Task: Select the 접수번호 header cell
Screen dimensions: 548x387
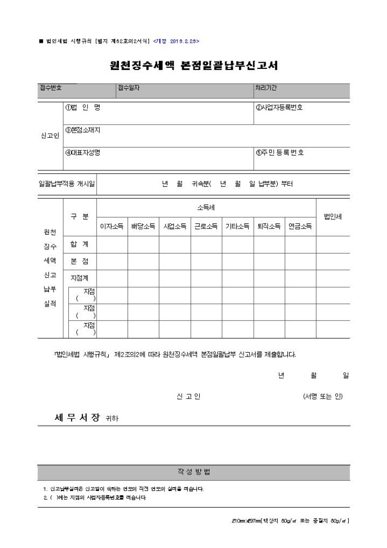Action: click(x=51, y=88)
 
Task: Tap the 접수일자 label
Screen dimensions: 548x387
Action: click(x=129, y=88)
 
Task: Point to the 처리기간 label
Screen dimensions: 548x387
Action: click(x=266, y=88)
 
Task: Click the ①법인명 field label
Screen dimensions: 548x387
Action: click(x=83, y=107)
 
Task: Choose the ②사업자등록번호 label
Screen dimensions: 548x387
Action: click(x=279, y=107)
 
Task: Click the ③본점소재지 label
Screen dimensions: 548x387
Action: click(x=83, y=130)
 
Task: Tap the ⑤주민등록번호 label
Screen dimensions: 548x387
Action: click(x=279, y=153)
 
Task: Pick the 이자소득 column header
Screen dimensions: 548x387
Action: click(x=112, y=226)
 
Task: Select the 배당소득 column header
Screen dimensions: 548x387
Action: click(x=143, y=226)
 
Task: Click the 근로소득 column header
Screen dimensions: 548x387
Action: click(x=206, y=226)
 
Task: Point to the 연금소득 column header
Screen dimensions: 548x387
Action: click(x=300, y=226)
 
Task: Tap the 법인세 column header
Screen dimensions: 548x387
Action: click(x=332, y=216)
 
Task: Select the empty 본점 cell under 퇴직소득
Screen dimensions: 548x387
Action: click(x=269, y=261)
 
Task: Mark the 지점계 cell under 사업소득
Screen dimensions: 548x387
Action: click(x=175, y=278)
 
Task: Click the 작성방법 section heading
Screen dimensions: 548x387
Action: click(x=193, y=473)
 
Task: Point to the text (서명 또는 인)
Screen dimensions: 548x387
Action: click(x=323, y=396)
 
